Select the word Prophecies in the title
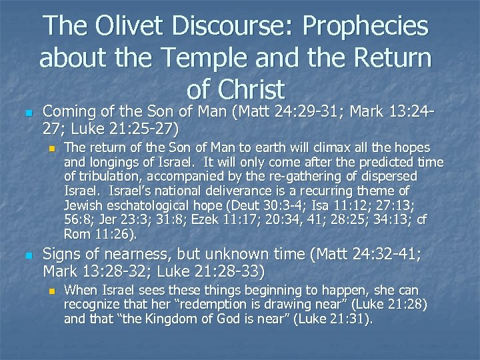click(x=366, y=27)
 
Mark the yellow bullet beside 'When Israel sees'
click(x=51, y=291)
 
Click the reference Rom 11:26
click(x=100, y=234)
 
